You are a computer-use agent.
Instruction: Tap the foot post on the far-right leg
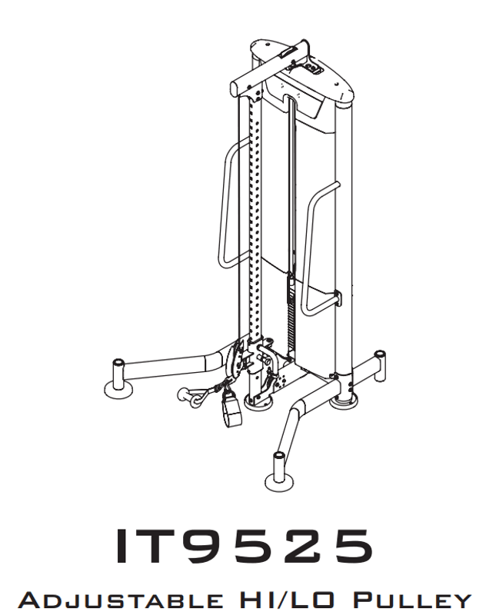click(x=378, y=361)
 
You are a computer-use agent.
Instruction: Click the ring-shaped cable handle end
click(x=187, y=396)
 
